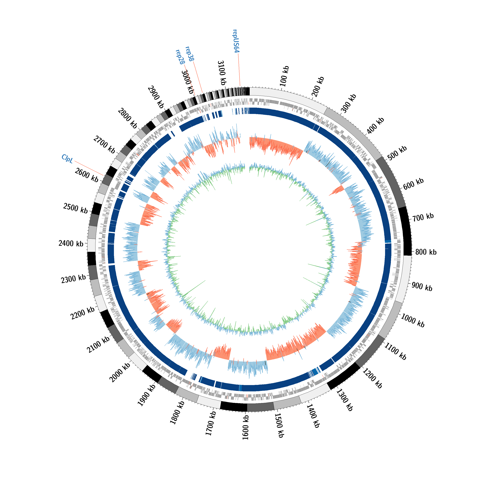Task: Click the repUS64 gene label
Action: pos(236,41)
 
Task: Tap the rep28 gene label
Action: pos(180,57)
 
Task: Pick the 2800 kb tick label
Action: pos(128,119)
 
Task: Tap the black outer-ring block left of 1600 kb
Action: pos(234,407)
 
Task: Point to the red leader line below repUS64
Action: pos(239,70)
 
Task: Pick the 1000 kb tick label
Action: pos(413,321)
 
